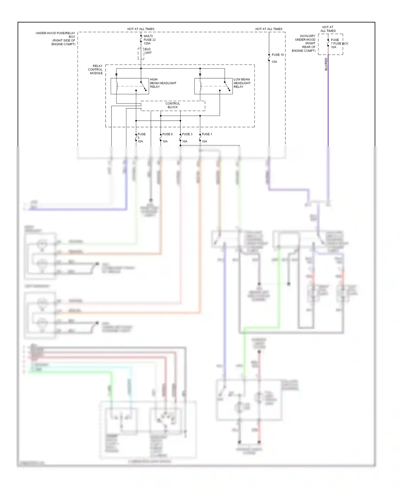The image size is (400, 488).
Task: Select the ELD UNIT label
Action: pos(148,51)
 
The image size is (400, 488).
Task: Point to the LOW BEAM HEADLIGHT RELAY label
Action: pos(242,83)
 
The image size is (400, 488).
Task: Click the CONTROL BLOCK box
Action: pos(173,105)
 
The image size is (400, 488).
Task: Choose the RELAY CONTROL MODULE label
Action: pos(95,69)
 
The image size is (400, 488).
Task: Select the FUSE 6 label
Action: pos(167,134)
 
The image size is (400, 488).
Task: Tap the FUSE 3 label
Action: pos(187,134)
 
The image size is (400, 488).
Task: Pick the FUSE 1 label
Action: pos(207,134)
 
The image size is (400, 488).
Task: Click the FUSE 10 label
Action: pos(278,55)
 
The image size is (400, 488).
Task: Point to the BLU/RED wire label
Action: pos(326,64)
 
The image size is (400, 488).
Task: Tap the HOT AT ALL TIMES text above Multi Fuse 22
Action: pos(141,29)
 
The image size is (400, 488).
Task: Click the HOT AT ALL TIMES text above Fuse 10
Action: pos(269,29)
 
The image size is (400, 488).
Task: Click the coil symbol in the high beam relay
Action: pos(117,86)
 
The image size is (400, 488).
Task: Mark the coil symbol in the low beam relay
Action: pos(200,86)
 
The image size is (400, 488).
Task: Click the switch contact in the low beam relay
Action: pos(227,86)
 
